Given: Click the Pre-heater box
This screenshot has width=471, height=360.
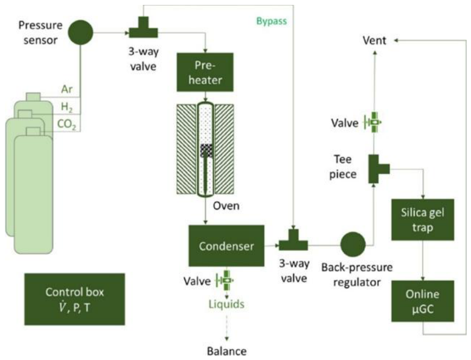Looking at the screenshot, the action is [205, 72].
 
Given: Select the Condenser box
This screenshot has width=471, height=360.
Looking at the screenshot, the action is [227, 246].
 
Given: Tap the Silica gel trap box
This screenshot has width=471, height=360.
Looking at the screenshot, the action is [423, 220].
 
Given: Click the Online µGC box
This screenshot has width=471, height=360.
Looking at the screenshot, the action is [423, 301].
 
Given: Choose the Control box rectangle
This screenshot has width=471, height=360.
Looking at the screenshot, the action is [74, 299].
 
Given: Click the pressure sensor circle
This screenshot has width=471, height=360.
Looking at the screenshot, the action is [81, 32].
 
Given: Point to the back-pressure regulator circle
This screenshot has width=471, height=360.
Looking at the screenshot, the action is [353, 245].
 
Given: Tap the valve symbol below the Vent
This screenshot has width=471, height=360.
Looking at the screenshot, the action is [373, 123].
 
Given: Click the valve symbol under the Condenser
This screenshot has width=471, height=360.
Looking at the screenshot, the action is [225, 281].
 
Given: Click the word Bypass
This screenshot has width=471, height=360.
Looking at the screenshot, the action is [272, 21].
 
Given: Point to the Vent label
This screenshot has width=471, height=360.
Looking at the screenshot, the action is [375, 40].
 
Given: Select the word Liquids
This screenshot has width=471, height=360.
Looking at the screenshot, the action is [227, 304].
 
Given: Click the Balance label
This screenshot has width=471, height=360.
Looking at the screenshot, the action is [227, 351].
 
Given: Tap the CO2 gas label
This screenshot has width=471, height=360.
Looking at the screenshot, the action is [66, 124].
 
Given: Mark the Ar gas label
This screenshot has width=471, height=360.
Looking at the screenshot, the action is [67, 89].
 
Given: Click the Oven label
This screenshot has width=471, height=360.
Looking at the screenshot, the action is [226, 206].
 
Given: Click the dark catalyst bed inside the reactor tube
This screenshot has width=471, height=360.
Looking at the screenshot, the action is [206, 151].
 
